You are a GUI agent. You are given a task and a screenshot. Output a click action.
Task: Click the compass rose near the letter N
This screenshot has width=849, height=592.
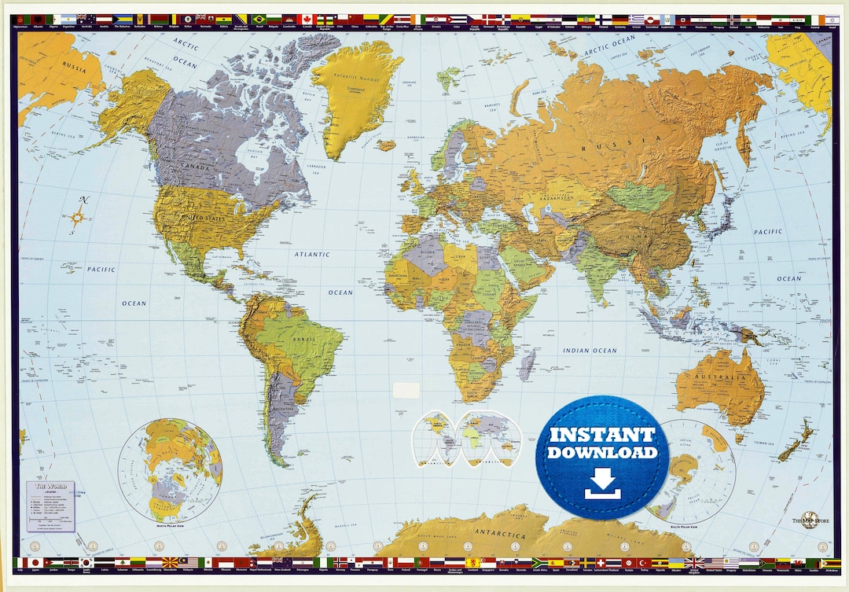tap(78, 217)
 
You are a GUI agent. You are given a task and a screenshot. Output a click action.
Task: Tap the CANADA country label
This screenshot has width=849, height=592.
tap(196, 167)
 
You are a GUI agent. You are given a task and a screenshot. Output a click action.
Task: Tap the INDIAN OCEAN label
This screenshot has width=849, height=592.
tap(590, 350)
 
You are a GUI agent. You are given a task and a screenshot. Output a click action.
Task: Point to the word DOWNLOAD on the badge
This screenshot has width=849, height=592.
tap(602, 453)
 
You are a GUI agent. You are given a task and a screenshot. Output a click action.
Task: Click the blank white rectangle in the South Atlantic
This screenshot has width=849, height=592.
tap(406, 390)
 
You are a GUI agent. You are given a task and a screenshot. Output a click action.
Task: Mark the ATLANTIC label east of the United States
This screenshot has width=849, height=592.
tap(313, 254)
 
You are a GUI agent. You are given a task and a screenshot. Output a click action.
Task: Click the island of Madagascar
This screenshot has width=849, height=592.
tap(527, 366)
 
